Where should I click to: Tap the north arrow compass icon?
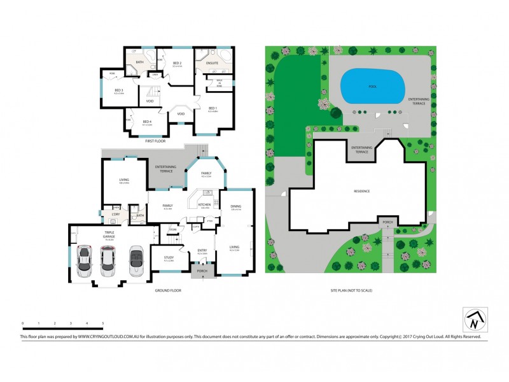pyautogui.click(x=473, y=320)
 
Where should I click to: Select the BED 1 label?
pyautogui.click(x=212, y=109)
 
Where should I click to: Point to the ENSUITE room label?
pyautogui.click(x=212, y=63)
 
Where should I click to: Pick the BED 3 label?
pyautogui.click(x=118, y=90)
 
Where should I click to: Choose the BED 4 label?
pyautogui.click(x=146, y=121)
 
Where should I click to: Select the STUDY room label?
pyautogui.click(x=169, y=257)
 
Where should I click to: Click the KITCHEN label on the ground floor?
pyautogui.click(x=205, y=204)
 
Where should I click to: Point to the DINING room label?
pyautogui.click(x=235, y=206)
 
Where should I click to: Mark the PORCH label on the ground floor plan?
pyautogui.click(x=202, y=271)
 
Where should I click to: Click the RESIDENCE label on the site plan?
pyautogui.click(x=362, y=191)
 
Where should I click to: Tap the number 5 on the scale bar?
pyautogui.click(x=103, y=324)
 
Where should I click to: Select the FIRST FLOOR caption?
pyautogui.click(x=155, y=141)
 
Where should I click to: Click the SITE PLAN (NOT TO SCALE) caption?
pyautogui.click(x=351, y=290)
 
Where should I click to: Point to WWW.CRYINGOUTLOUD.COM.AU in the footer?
pyautogui.click(x=104, y=336)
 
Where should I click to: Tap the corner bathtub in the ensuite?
pyautogui.click(x=223, y=53)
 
